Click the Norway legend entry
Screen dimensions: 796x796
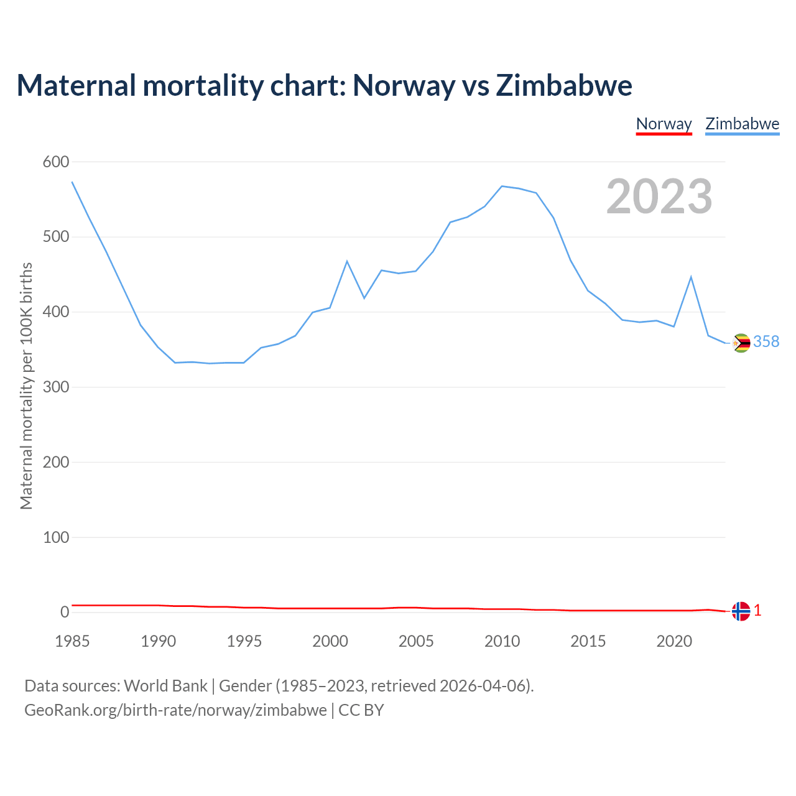click(x=664, y=124)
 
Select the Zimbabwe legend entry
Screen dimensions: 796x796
click(x=742, y=124)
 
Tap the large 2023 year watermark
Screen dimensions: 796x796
click(x=659, y=197)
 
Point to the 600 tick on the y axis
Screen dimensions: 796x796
click(x=55, y=162)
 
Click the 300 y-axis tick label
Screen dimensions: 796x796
click(x=55, y=387)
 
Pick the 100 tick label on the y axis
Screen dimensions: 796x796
click(x=55, y=537)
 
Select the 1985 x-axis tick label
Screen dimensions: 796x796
click(x=72, y=641)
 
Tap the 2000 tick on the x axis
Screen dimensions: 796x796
click(x=330, y=641)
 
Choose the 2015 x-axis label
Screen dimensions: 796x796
click(x=588, y=641)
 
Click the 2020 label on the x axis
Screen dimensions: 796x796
click(x=674, y=641)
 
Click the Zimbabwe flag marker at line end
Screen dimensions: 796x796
click(x=741, y=343)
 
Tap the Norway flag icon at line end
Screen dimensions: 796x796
click(x=741, y=611)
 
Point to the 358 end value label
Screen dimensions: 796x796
click(x=766, y=341)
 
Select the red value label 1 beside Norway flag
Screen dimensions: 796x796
click(x=757, y=611)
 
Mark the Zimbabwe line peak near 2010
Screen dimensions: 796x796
click(x=502, y=186)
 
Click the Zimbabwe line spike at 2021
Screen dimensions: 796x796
click(x=691, y=277)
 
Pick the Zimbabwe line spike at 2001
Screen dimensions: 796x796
click(x=347, y=261)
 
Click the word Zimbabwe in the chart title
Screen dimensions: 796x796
click(x=564, y=85)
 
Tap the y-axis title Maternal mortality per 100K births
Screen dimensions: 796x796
click(x=26, y=386)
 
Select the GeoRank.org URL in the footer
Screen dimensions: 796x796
click(x=175, y=710)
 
